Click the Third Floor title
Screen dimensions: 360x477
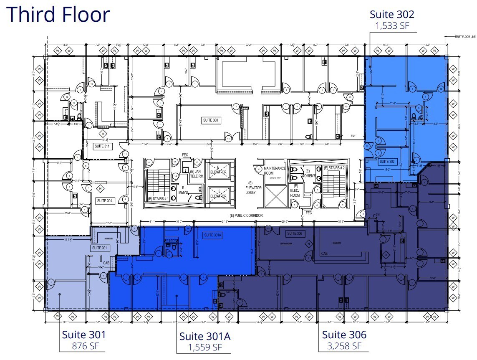click(58, 14)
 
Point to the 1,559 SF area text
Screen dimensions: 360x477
click(205, 347)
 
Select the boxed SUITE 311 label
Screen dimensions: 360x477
click(102, 146)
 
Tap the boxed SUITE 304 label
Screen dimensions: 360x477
click(104, 201)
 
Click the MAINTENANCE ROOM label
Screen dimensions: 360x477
click(274, 170)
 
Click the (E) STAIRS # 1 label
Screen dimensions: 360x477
click(158, 199)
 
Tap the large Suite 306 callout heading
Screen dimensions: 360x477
click(344, 335)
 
